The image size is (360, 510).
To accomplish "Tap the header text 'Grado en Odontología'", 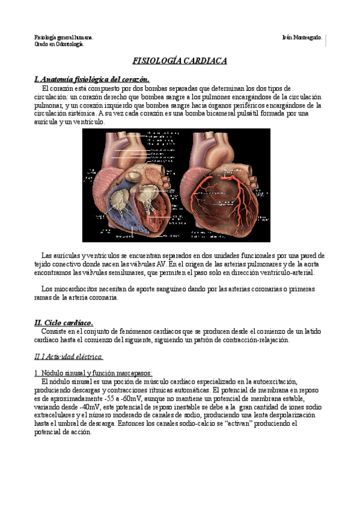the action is click(x=58, y=44).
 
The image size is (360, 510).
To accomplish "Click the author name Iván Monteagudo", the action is click(x=302, y=37).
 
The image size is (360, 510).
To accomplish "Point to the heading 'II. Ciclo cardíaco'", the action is click(x=64, y=323).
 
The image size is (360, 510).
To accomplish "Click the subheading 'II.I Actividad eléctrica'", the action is click(x=69, y=357).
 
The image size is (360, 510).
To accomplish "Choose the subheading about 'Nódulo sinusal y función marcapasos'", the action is click(x=94, y=373).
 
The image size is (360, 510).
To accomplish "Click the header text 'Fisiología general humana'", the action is click(x=63, y=37).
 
